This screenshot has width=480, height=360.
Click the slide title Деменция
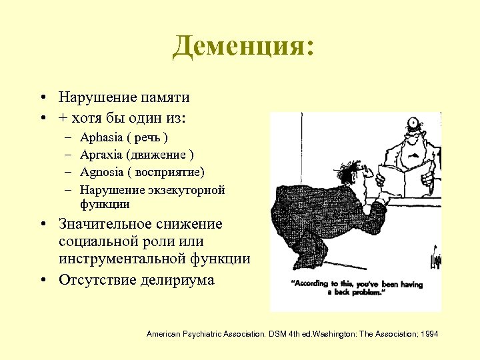coord(242,47)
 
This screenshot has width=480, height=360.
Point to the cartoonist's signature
coord(436,257)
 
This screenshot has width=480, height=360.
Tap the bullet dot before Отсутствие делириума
coord(42,280)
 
